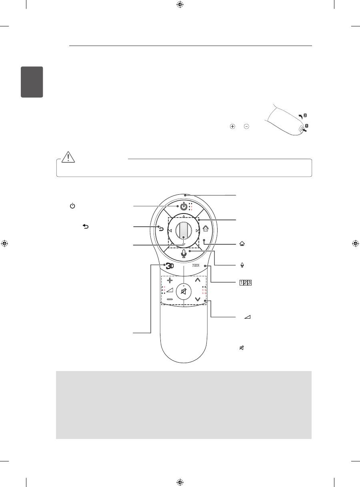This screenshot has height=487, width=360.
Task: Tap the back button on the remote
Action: tap(161, 230)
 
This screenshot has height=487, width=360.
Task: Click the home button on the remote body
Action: tap(206, 228)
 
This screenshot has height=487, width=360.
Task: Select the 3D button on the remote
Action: tap(170, 266)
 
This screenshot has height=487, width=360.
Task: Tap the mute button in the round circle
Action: tap(184, 291)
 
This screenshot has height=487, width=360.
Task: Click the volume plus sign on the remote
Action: tap(170, 280)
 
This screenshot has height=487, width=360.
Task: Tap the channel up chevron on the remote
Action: tap(198, 280)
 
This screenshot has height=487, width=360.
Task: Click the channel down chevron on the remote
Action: tap(198, 299)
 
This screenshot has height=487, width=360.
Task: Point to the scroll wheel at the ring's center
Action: tap(184, 231)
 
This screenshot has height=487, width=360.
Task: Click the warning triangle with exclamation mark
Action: tap(68, 157)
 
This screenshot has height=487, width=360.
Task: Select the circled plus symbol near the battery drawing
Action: tap(232, 126)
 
